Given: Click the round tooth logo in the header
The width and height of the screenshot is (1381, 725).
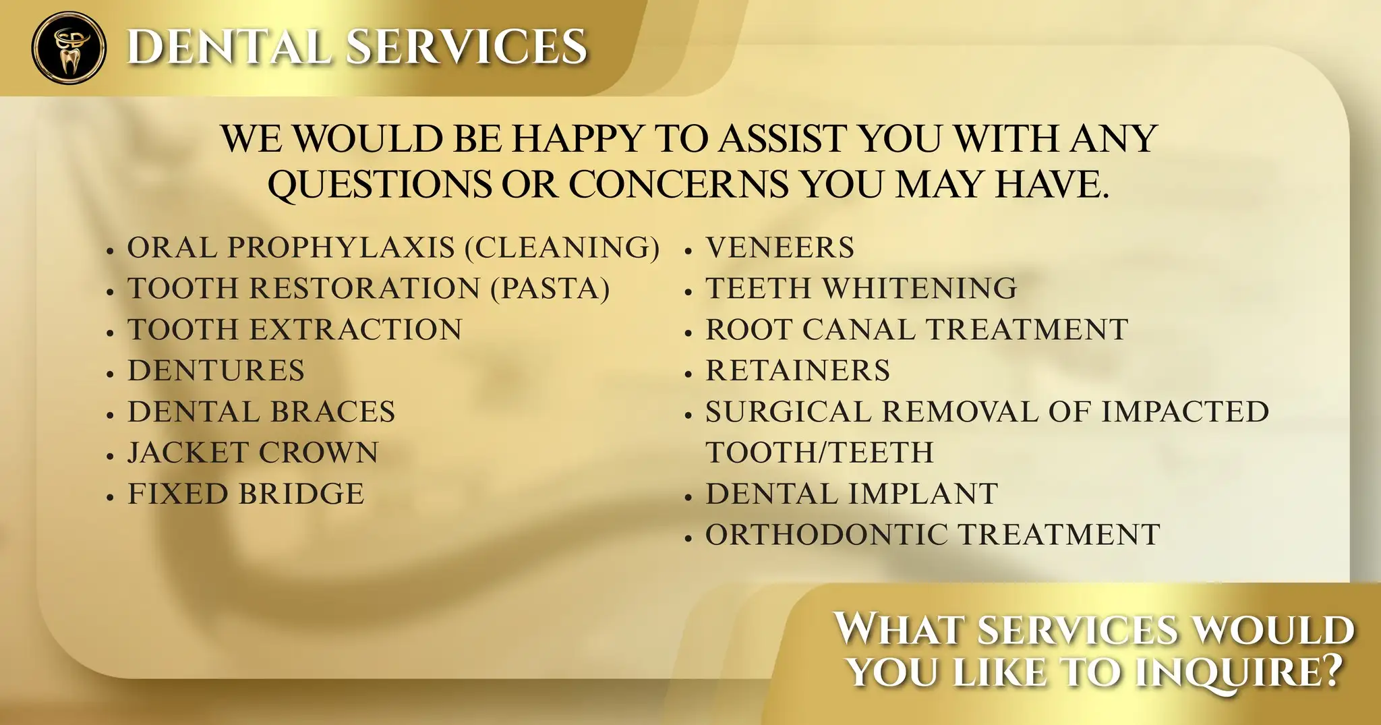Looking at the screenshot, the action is [69, 47].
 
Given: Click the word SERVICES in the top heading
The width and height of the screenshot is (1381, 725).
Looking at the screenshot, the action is [467, 47].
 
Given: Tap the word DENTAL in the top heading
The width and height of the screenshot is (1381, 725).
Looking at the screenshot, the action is [229, 47].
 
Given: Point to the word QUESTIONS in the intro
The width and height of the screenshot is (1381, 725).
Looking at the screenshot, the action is [379, 183].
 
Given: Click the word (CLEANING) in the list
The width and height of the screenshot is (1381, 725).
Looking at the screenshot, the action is [563, 248].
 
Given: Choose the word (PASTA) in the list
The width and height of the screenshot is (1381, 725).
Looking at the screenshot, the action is [550, 289].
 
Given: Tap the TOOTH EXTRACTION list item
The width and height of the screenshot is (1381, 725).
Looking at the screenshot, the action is [295, 330].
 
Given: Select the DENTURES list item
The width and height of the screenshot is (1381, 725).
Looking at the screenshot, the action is [216, 371].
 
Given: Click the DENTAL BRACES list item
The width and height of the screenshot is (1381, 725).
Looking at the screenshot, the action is [262, 412].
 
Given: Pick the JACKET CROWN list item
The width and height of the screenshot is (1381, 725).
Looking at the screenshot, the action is [254, 453].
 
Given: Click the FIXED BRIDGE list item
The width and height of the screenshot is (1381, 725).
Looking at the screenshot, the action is [246, 494].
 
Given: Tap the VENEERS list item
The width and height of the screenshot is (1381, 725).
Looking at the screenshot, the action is [780, 248].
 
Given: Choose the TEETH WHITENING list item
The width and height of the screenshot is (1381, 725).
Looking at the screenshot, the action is [862, 289].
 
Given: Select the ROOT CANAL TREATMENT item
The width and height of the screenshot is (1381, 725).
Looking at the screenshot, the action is [917, 330].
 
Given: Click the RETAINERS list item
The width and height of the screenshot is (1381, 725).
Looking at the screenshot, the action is [798, 371].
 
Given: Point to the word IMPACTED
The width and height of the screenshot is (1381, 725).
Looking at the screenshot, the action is [1185, 412].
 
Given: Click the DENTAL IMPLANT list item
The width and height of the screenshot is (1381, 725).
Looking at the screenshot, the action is [852, 494].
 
